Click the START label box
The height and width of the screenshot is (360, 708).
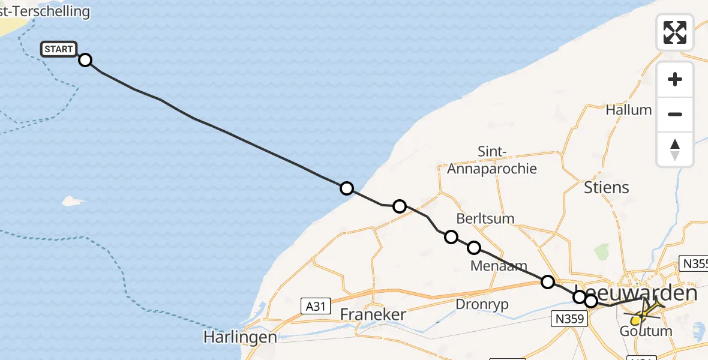coord(59,49)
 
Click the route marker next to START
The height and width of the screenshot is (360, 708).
coord(85,60)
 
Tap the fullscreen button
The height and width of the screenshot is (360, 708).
coord(675,32)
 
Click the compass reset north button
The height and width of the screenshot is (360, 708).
coord(675,149)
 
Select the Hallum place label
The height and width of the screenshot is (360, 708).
coord(628,110)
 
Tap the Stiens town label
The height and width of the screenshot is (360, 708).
coord(607,187)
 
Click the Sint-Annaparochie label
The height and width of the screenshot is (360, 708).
coord(492,160)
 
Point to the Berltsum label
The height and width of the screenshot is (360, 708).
coord(485,218)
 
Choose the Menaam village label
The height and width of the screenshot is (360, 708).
coord(499,266)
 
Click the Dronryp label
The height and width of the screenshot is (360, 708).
coord(482,304)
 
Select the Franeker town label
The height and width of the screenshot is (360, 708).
coord(373,314)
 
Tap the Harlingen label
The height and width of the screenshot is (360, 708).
coord(240,337)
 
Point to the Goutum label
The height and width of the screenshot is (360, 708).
coord(646,331)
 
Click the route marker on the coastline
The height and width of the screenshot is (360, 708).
coord(346,188)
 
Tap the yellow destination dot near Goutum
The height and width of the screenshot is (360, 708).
coord(635,321)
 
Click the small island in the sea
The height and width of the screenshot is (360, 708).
coord(73,200)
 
